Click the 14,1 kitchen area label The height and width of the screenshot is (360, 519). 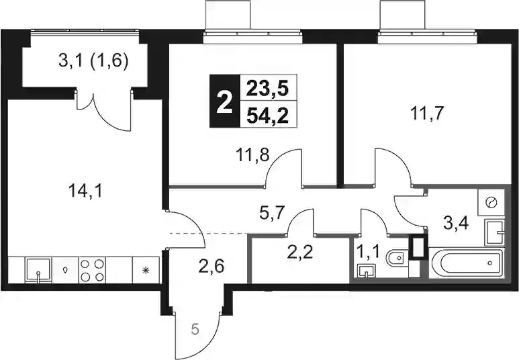coord(86,192)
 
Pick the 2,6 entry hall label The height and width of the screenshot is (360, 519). coord(211,265)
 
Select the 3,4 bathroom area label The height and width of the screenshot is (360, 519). coord(456,223)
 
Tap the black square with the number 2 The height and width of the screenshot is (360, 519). coord(224,101)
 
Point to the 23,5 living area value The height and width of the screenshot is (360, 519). coord(267,89)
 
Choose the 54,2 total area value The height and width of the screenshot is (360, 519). coord(267,116)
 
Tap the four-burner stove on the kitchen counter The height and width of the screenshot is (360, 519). coord(93,270)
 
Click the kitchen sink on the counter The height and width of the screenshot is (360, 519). coord(38,270)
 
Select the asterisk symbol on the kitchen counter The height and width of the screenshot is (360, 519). coord(146,271)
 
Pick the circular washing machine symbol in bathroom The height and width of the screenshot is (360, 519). coord(490,202)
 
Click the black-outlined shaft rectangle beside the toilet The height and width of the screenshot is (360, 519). coord(418,246)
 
